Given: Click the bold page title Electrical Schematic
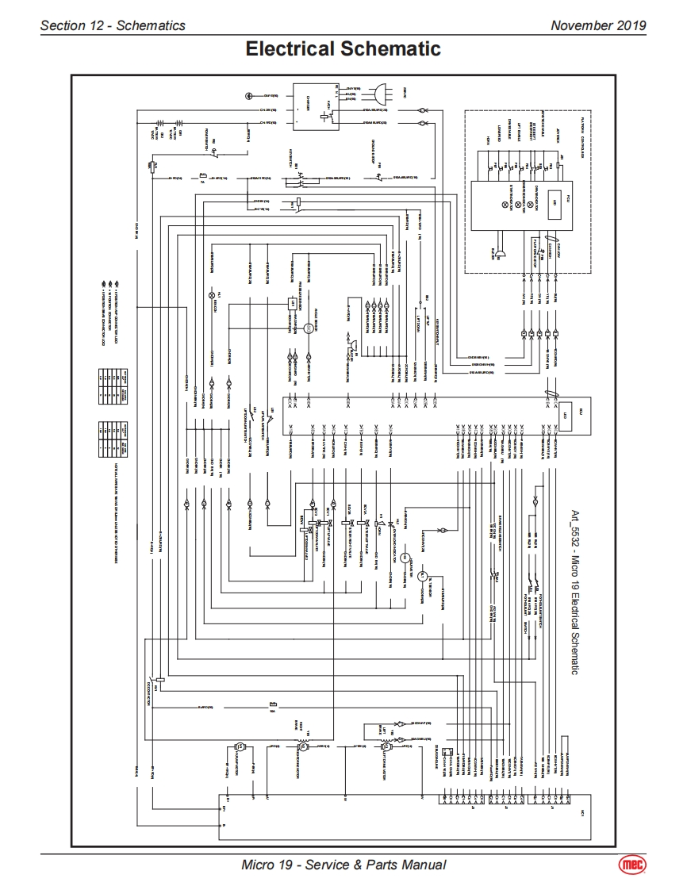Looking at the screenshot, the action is click(x=343, y=49).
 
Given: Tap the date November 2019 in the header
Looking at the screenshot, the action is click(x=598, y=25).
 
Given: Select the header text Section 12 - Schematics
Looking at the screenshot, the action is click(x=113, y=25).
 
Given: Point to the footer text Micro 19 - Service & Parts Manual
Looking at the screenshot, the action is click(x=343, y=865).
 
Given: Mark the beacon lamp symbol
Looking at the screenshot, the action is click(x=211, y=295).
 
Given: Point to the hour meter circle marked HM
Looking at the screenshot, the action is click(x=404, y=558).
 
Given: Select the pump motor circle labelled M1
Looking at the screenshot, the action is click(x=422, y=577).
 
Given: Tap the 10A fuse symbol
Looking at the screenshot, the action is click(x=272, y=704).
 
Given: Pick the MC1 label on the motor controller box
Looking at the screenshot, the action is click(x=581, y=814).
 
